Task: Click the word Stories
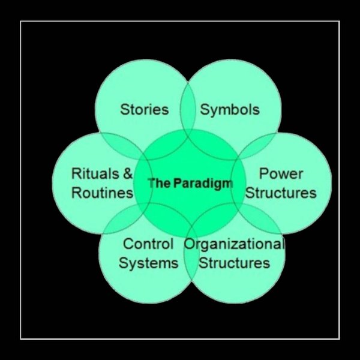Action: tap(144, 110)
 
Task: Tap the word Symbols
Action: tap(230, 110)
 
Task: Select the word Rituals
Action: tap(94, 174)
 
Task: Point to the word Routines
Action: tap(102, 193)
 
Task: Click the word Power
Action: tap(281, 174)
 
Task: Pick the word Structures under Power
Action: tap(281, 193)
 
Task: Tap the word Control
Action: tap(148, 244)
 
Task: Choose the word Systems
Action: tap(148, 263)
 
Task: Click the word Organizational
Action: tap(234, 244)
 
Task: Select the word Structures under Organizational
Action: tap(234, 263)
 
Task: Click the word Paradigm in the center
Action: tap(203, 183)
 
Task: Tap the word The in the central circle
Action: tap(159, 183)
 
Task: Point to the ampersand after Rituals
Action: tap(127, 174)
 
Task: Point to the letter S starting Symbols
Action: tap(205, 110)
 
